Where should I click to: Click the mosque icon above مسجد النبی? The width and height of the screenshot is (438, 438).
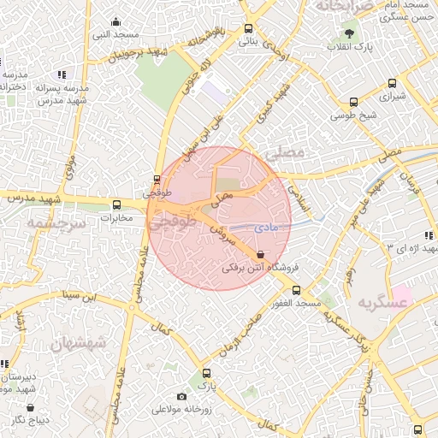click(116, 22)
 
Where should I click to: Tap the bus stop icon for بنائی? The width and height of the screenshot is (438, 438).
click(249, 27)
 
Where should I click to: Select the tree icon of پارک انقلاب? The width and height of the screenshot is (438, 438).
click(350, 33)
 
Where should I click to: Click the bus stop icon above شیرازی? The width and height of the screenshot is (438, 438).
click(393, 84)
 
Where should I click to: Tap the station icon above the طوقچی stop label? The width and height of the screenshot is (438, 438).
click(156, 180)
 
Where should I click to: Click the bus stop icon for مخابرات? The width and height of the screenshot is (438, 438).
click(117, 204)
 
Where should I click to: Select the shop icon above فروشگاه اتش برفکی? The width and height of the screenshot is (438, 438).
click(260, 254)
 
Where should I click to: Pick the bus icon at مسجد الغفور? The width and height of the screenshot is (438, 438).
click(297, 290)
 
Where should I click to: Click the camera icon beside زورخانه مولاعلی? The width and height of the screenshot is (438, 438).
click(181, 396)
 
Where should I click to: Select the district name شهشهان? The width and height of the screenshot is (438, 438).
click(77, 345)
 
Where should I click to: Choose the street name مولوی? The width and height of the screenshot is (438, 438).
click(70, 168)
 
